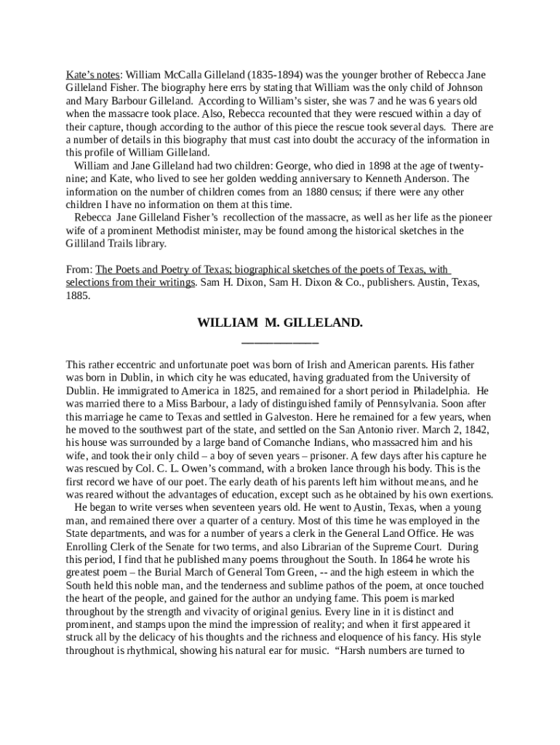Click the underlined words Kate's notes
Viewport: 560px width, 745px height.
click(93, 75)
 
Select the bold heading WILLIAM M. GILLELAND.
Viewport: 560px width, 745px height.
click(280, 322)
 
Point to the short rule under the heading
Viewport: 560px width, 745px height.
click(280, 341)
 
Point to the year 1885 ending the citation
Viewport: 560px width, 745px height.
click(78, 296)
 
